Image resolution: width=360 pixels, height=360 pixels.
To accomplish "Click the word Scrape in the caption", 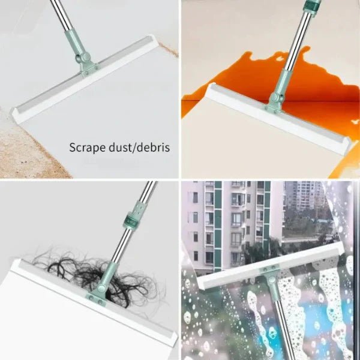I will click(86, 146).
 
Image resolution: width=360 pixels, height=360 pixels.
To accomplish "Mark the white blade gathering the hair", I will click(90, 300).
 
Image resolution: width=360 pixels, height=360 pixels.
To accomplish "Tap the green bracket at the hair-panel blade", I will click(100, 294).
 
